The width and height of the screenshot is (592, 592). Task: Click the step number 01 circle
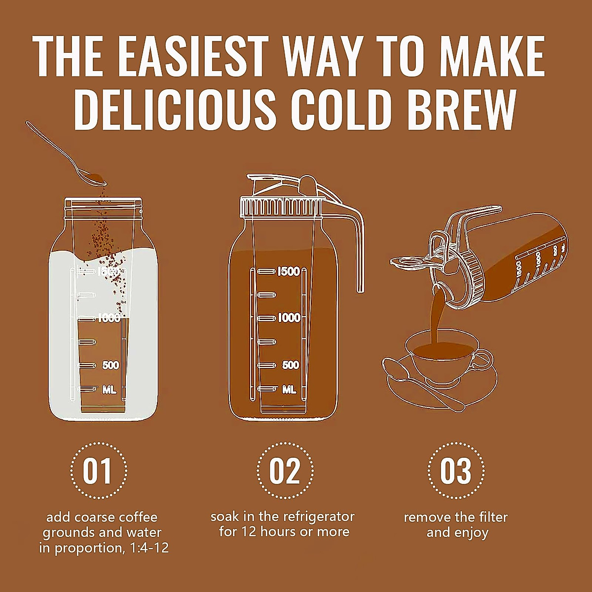click(97, 471)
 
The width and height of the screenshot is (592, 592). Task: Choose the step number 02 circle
click(285, 471)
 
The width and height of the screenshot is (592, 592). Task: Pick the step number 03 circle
click(455, 471)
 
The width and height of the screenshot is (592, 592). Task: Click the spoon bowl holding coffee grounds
click(91, 177)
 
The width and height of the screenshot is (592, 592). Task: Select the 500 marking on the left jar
click(111, 365)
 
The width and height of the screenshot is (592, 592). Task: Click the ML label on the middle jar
click(289, 390)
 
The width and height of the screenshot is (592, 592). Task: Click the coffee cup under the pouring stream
click(439, 358)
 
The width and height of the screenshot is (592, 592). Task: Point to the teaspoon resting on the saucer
click(424, 385)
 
